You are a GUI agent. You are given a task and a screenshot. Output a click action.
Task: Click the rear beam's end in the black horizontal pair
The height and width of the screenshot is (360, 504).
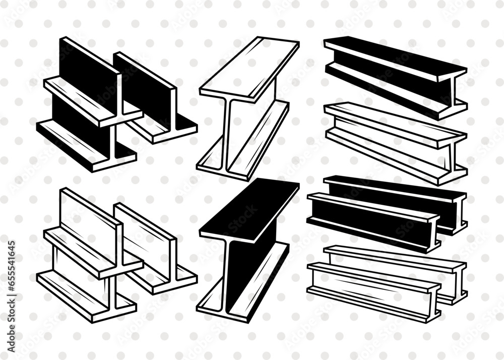tap(460, 212)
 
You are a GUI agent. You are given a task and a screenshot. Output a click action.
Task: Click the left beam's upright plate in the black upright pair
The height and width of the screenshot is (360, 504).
tap(88, 68)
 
